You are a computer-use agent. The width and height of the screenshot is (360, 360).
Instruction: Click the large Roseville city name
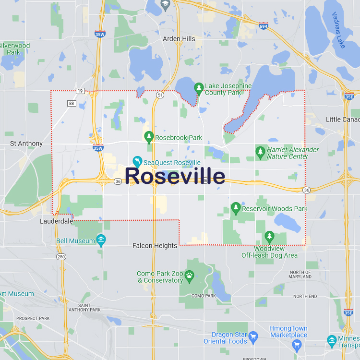tap(175, 176)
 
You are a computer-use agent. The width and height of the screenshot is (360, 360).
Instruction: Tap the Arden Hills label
tap(179, 38)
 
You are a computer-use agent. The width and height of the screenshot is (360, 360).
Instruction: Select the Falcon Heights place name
tap(155, 246)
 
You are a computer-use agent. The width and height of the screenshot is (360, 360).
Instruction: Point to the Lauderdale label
tap(57, 222)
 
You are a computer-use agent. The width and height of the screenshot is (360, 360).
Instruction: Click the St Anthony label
tap(26, 144)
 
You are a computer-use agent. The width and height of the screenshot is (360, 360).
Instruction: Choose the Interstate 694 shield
tap(263, 24)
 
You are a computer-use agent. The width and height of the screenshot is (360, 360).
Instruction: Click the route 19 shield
tap(80, 91)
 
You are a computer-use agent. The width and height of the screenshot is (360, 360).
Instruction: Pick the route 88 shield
tap(72, 103)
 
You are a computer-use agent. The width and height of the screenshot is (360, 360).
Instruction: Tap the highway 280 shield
tap(61, 257)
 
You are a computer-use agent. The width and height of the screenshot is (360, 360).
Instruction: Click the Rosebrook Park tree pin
tap(149, 137)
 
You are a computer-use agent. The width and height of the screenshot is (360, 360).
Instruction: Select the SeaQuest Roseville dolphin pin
tap(137, 161)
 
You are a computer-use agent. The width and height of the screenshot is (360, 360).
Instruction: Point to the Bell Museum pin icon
tap(101, 240)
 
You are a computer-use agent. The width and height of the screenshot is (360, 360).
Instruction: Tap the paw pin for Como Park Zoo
tap(190, 276)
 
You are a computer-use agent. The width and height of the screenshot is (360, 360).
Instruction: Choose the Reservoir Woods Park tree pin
tap(235, 208)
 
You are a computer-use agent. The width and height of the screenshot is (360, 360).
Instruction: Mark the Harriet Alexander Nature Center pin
tap(261, 153)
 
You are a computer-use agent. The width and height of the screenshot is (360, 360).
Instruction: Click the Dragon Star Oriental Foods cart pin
tap(253, 336)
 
